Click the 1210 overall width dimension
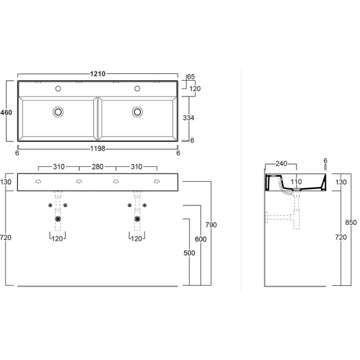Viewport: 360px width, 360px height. pyautogui.click(x=98, y=74)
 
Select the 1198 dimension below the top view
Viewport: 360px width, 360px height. pyautogui.click(x=98, y=149)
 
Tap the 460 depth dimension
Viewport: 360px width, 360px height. pyautogui.click(x=7, y=112)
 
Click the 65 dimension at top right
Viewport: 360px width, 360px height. pyautogui.click(x=191, y=77)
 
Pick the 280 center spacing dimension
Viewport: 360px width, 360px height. pyautogui.click(x=97, y=167)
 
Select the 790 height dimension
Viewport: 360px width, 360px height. pyautogui.click(x=211, y=225)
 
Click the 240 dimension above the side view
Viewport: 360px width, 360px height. pyautogui.click(x=280, y=164)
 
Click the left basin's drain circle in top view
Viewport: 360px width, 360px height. pyautogui.click(x=58, y=111)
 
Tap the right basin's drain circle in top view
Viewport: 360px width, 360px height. pyautogui.click(x=137, y=111)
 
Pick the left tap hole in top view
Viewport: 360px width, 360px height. pyautogui.click(x=58, y=88)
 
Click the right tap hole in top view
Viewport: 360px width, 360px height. pyautogui.click(x=137, y=88)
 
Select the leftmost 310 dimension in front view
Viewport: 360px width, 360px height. pyautogui.click(x=59, y=167)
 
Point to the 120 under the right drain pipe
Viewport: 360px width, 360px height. pyautogui.click(x=137, y=239)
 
